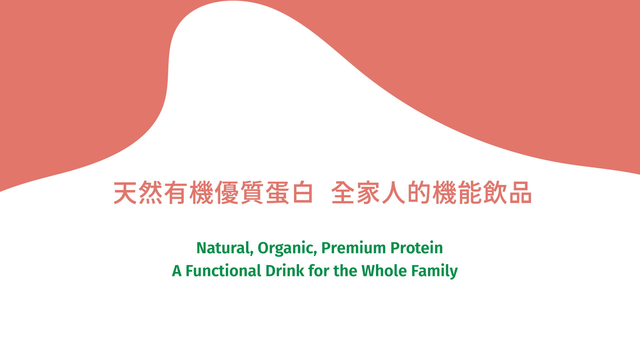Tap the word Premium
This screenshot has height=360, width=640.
[353, 248]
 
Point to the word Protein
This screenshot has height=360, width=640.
[417, 248]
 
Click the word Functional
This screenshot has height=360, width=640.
[223, 271]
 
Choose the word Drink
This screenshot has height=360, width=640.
[285, 271]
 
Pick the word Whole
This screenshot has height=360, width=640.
[384, 271]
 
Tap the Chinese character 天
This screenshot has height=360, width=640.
[125, 193]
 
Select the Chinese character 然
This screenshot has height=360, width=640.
[151, 193]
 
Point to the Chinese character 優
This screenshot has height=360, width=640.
[227, 193]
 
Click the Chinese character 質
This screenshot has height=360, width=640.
[252, 193]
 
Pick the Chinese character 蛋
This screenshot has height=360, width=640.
[277, 193]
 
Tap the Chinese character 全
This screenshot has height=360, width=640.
[343, 193]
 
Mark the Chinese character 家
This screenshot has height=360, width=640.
[369, 193]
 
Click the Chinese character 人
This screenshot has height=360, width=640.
[394, 193]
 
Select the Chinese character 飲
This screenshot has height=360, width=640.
[495, 193]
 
